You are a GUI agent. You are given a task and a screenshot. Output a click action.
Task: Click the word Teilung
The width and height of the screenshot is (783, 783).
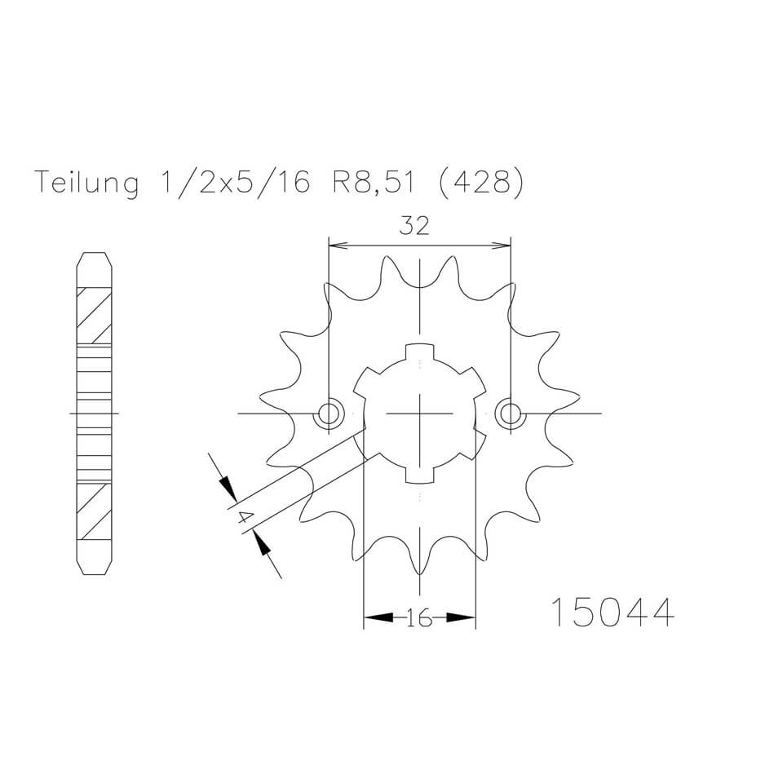click(x=86, y=183)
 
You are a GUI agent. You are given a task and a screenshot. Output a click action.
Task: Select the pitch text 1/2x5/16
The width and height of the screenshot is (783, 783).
click(x=231, y=183)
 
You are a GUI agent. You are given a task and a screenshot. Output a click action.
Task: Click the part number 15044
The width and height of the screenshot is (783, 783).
click(x=613, y=613)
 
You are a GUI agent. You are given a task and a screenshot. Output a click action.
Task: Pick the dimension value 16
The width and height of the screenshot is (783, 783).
click(x=418, y=619)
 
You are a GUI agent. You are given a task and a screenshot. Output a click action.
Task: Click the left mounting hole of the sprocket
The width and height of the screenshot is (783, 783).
click(x=330, y=414)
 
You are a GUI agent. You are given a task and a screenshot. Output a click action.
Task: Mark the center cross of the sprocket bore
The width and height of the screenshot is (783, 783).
click(x=418, y=414)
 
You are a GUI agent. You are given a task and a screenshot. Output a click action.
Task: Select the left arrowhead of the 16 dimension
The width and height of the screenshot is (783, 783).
click(x=372, y=619)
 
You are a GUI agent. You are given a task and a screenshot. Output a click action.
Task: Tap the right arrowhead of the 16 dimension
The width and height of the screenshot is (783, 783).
click(x=466, y=619)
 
